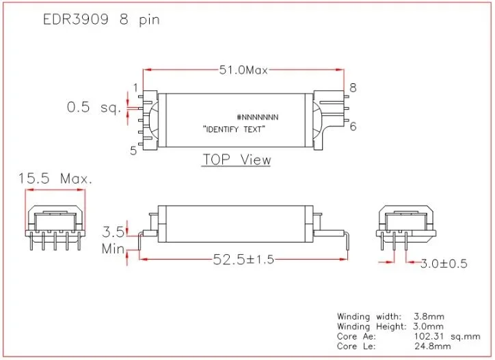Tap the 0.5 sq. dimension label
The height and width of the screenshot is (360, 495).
tap(94, 107)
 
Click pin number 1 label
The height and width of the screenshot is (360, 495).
tap(135, 87)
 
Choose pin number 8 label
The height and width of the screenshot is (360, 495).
tap(353, 87)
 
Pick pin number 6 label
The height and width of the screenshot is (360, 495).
tap(353, 126)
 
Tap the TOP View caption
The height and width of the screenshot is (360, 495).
tap(237, 160)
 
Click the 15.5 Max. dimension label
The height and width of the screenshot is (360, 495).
tap(55, 179)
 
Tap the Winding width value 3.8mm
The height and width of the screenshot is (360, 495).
tap(430, 316)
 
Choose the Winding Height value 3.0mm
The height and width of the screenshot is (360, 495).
tap(430, 327)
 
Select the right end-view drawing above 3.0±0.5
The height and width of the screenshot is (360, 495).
tap(407, 226)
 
